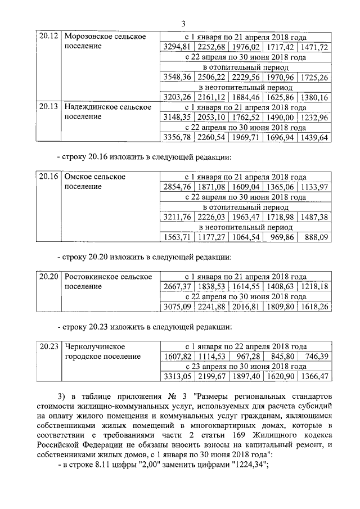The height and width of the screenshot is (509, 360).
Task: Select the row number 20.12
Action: (47, 37)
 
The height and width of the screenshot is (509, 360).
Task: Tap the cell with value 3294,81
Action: (177, 47)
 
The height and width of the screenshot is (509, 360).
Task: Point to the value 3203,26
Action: (177, 97)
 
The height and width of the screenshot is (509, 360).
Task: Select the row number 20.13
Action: (47, 107)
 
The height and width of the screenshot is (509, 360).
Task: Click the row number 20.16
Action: (47, 177)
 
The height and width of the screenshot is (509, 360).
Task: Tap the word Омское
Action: (80, 177)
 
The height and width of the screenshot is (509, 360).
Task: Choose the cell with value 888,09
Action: (316, 237)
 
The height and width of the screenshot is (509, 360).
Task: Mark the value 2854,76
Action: (177, 187)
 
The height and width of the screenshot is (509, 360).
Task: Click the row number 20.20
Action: (47, 277)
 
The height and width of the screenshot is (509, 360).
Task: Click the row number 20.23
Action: (47, 346)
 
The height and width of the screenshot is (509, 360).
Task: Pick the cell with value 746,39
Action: (316, 357)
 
